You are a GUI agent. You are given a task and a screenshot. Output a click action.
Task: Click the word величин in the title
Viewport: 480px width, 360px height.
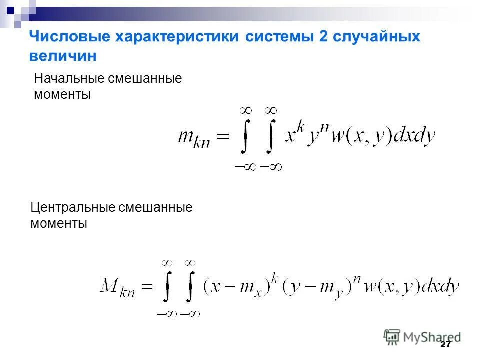tap(62, 56)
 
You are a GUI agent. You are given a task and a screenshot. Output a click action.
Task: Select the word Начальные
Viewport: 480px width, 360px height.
tap(68, 79)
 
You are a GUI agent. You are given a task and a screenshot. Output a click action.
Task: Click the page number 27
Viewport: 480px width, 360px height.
tap(445, 345)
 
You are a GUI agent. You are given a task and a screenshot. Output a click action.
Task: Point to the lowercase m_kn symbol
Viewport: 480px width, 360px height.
tap(194, 138)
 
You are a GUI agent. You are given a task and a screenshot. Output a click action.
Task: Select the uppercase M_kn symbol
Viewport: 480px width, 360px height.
tap(116, 287)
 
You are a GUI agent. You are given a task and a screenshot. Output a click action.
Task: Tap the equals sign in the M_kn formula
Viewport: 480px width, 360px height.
tap(146, 286)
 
